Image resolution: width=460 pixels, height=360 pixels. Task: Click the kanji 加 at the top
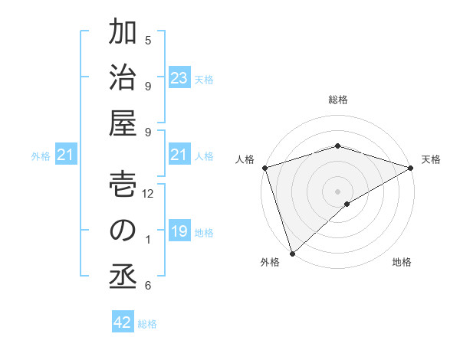(123, 34)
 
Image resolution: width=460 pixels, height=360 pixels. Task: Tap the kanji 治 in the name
(123, 78)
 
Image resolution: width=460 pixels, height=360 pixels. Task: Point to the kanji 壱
(123, 185)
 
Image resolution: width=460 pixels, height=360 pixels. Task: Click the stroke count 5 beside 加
(148, 40)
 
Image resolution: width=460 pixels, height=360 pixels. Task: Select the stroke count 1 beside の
(148, 240)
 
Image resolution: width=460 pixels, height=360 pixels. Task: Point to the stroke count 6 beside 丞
(148, 286)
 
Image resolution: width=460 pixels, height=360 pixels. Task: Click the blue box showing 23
(179, 78)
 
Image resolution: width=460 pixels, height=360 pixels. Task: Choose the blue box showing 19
(179, 231)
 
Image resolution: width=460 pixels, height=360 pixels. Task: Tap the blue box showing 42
(123, 322)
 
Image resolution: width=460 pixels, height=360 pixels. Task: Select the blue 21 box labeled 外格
(65, 155)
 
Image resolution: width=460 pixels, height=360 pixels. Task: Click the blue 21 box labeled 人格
(179, 155)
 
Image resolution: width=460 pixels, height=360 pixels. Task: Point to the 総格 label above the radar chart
(337, 100)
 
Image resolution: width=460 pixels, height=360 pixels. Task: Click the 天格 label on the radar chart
(432, 159)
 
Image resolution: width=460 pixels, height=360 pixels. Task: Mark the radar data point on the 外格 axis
(291, 253)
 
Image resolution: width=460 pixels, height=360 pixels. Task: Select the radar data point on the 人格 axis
(264, 167)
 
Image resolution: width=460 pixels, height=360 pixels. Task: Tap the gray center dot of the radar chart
(337, 191)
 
